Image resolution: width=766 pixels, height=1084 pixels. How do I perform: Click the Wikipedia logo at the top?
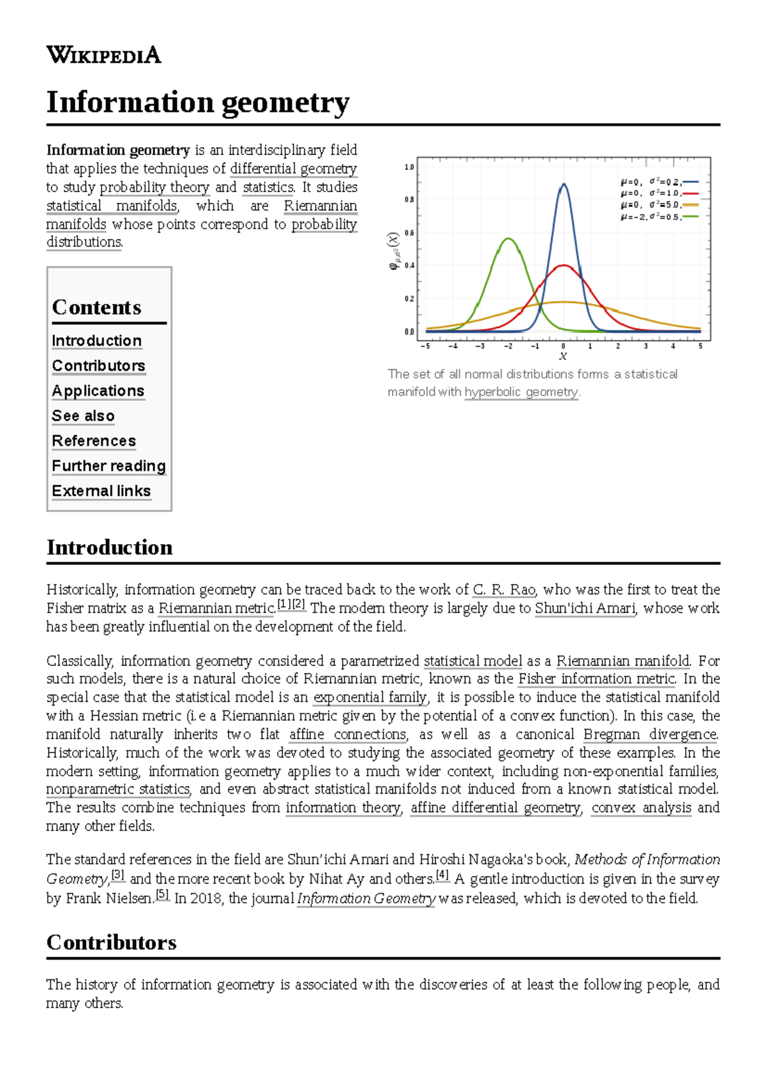103,55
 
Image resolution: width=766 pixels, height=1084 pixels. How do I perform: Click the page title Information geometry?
198,102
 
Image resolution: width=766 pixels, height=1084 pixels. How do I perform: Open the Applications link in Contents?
98,391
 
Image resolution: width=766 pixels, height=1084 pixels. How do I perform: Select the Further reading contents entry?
109,466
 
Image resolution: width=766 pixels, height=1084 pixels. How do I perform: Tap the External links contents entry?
101,491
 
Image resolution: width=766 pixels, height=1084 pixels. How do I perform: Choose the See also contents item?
83,416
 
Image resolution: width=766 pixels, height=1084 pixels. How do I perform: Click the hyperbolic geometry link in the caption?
521,392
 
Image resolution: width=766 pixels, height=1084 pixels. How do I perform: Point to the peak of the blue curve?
563,184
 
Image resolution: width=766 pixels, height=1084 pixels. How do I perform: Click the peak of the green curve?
508,239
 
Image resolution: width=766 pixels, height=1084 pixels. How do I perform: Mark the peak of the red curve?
563,266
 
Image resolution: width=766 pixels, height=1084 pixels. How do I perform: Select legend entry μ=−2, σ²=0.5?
657,217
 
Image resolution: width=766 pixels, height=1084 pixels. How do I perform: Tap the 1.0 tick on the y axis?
409,167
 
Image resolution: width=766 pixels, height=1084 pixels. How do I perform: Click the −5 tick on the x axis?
426,346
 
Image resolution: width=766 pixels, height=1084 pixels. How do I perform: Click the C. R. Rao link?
504,589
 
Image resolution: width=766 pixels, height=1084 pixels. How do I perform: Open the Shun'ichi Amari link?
585,608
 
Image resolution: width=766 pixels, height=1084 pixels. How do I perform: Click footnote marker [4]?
442,875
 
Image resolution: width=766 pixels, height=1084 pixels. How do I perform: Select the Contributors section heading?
112,942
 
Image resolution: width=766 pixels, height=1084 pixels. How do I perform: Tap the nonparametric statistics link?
118,789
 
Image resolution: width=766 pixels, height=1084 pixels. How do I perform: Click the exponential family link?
370,697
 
